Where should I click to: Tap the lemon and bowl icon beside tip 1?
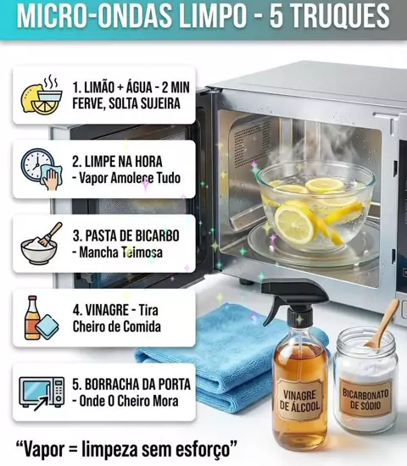pos(42,94)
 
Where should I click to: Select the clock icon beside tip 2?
pos(37,164)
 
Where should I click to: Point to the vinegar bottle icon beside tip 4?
pos(32,318)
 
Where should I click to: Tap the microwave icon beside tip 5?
pos(42,393)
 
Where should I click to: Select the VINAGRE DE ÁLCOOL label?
pos(299,400)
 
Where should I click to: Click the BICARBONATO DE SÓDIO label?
pos(365,398)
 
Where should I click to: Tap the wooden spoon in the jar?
pos(383,324)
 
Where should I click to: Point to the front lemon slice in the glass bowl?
pos(294,222)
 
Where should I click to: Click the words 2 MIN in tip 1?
pos(176,87)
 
